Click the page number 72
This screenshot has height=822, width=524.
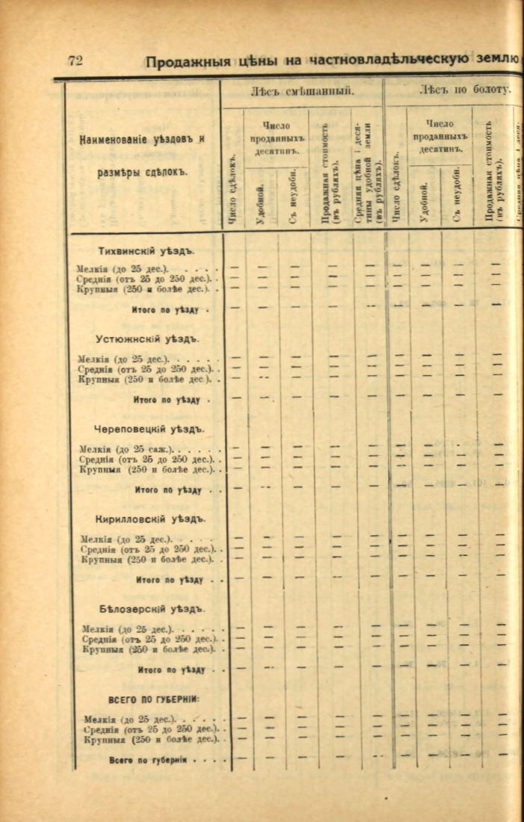75,61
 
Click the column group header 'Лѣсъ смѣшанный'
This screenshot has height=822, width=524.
301,91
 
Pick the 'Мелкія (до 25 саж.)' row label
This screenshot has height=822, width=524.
126,449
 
